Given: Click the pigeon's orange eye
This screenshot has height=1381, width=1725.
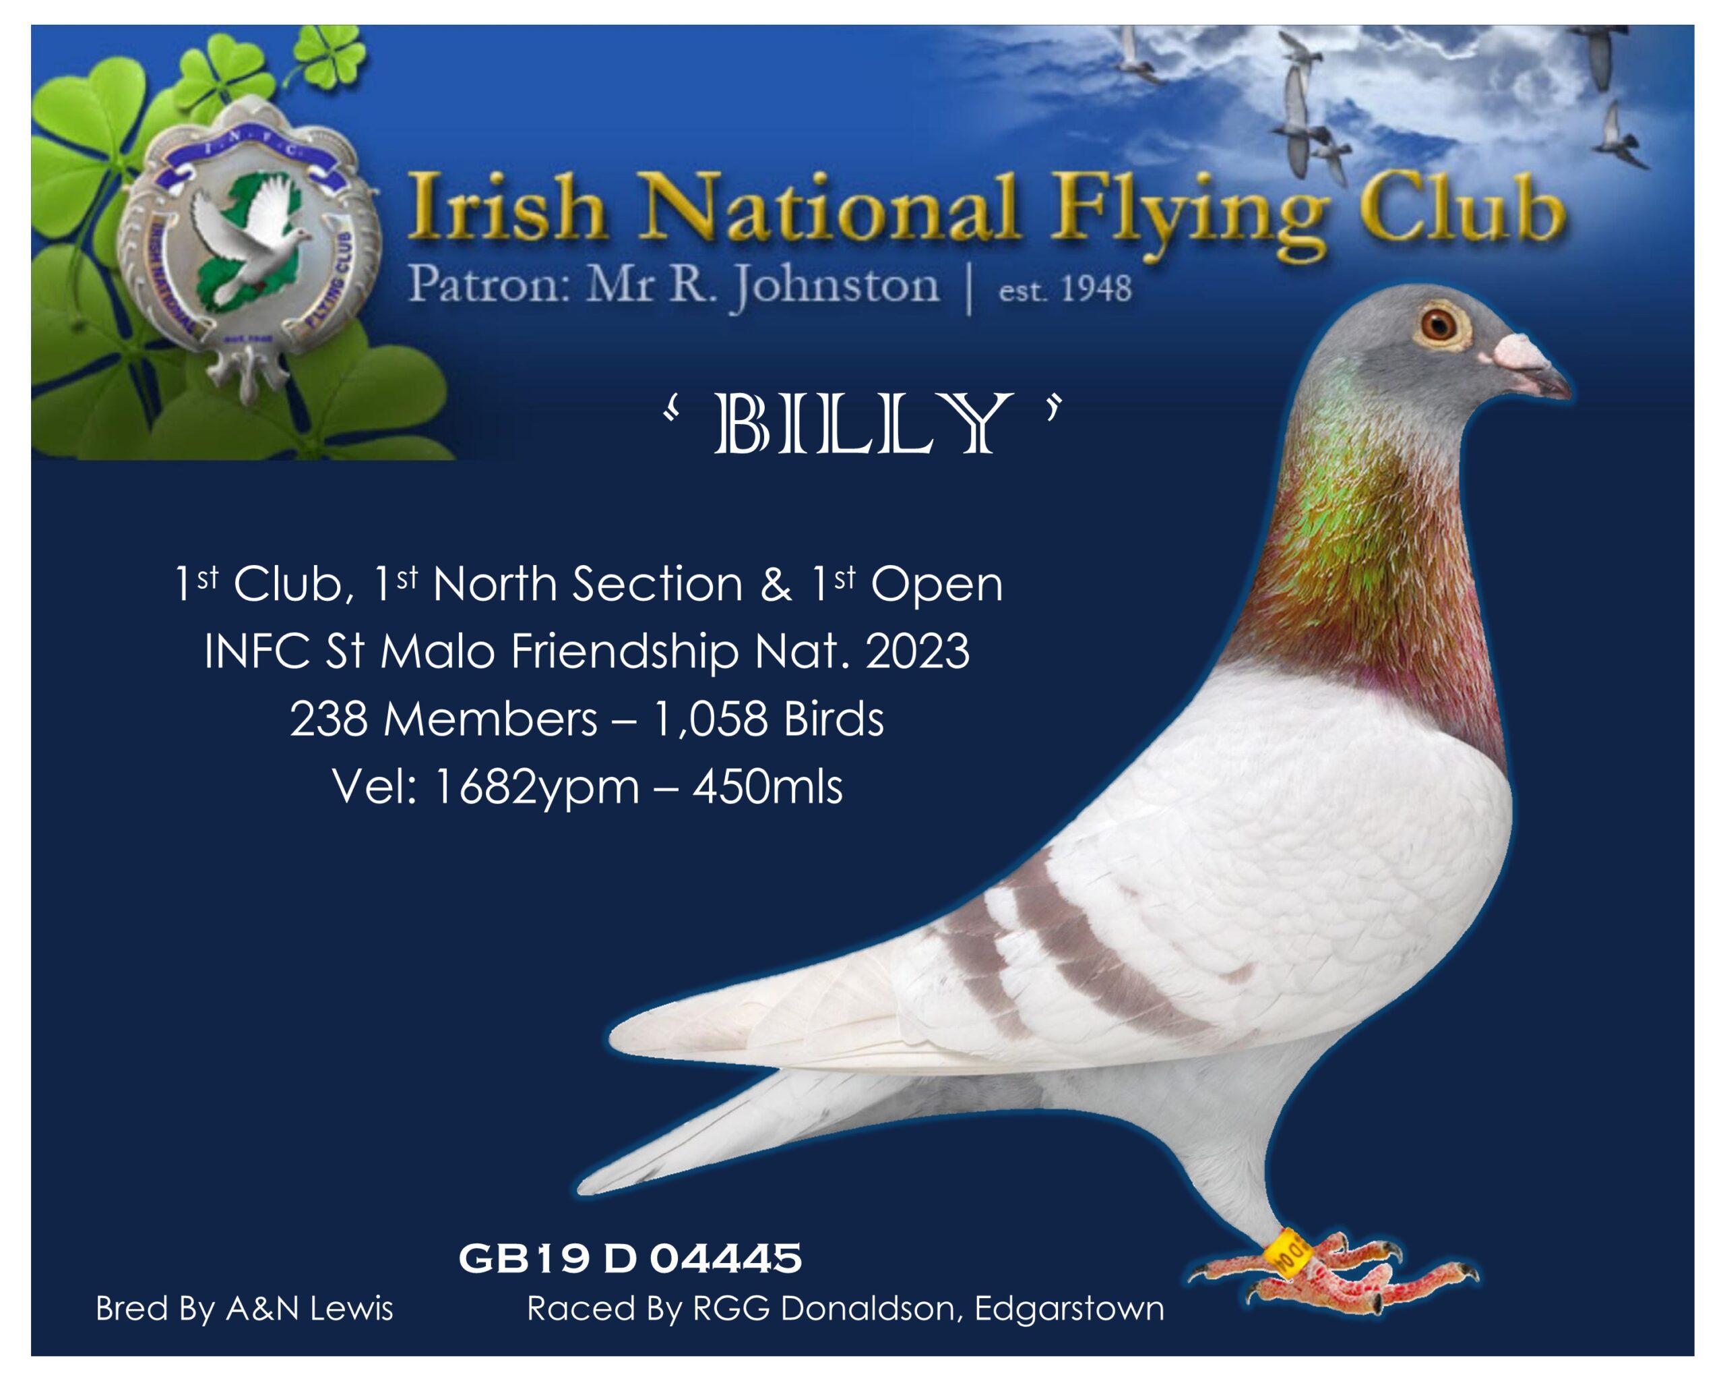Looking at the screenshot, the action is tap(1439, 324).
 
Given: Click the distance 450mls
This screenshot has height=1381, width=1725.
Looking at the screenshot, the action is tap(767, 788).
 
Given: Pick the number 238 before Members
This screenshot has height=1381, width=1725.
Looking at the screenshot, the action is tap(329, 719).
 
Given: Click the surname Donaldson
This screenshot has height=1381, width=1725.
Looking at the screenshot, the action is tap(867, 1309).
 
